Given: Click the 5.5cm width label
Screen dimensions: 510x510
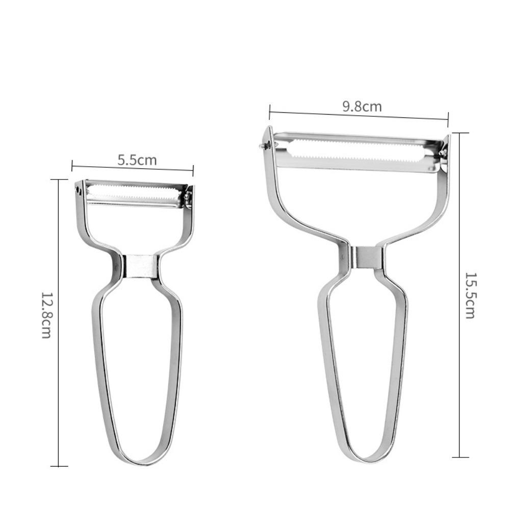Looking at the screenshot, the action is tap(137, 160).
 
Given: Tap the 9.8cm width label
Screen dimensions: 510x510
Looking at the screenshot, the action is tap(362, 107).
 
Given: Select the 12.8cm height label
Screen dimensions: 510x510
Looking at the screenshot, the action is tap(46, 315).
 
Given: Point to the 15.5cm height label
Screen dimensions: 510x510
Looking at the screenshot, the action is tap(470, 295).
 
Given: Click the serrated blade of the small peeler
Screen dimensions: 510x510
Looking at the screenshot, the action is tap(133, 194).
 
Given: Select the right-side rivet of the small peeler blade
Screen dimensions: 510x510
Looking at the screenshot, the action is tap(187, 196).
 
